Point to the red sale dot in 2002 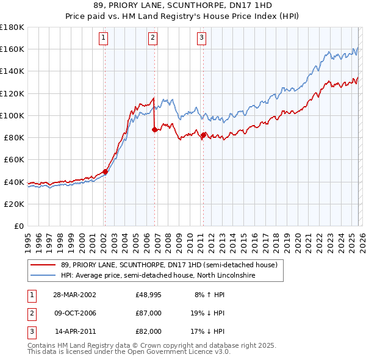tap(105, 171)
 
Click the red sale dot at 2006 tap(154, 129)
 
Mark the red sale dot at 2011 tap(203, 135)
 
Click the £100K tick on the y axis tap(12, 115)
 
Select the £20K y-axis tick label tap(14, 204)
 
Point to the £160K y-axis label tap(12, 49)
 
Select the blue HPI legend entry tap(157, 276)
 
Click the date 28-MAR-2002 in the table tap(74, 295)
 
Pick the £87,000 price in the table tap(149, 313)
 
